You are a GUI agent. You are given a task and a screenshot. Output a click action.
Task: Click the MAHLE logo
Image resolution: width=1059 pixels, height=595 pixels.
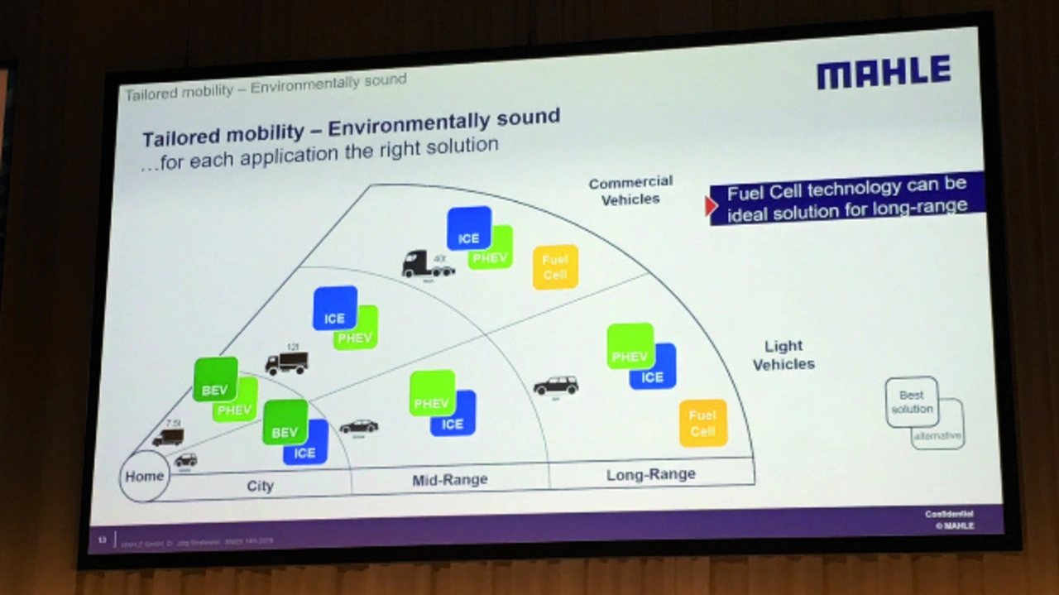[x=884, y=72]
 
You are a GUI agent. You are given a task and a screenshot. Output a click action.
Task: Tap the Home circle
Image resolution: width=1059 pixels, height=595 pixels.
[x=144, y=477]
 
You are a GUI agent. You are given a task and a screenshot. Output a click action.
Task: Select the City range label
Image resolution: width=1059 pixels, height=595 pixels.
[x=260, y=486]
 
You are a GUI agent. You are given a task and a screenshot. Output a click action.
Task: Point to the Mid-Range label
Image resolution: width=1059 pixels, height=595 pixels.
[x=449, y=480]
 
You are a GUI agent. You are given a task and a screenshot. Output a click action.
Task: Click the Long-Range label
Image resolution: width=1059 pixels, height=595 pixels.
[x=650, y=475]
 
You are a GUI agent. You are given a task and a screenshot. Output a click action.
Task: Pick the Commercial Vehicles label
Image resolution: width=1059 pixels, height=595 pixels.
[x=630, y=190]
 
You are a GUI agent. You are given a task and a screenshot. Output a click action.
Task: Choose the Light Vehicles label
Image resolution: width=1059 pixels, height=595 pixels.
[x=783, y=355]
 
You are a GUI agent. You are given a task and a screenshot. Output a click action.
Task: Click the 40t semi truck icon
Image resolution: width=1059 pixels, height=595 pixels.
[x=427, y=264]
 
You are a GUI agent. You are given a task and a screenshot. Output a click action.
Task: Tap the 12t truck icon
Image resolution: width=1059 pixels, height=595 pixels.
[x=286, y=362]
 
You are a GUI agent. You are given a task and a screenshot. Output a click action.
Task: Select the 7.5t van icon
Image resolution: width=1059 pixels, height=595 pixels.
[x=168, y=437]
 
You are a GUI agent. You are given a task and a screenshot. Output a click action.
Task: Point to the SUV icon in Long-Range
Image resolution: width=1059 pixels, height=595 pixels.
[x=555, y=386]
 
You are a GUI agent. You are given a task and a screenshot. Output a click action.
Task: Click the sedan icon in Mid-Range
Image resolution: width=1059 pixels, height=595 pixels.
[x=359, y=426]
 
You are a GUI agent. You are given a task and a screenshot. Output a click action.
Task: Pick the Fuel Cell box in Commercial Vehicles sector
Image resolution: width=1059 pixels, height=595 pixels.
[x=555, y=266]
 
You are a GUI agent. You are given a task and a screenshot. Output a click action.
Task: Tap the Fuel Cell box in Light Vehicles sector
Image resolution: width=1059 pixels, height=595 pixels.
[x=702, y=423]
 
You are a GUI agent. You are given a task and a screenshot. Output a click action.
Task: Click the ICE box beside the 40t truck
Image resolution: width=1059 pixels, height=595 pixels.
[x=469, y=228]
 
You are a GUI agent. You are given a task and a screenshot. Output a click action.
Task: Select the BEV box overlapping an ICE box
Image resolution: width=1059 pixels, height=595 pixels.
[x=285, y=422]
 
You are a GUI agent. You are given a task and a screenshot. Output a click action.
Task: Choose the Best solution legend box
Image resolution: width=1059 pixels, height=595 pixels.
[x=911, y=402]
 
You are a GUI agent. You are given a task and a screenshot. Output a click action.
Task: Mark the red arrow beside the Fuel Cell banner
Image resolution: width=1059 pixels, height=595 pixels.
[x=710, y=206]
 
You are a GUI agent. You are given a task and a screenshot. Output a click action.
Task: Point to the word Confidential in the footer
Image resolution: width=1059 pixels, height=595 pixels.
[x=949, y=514]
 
